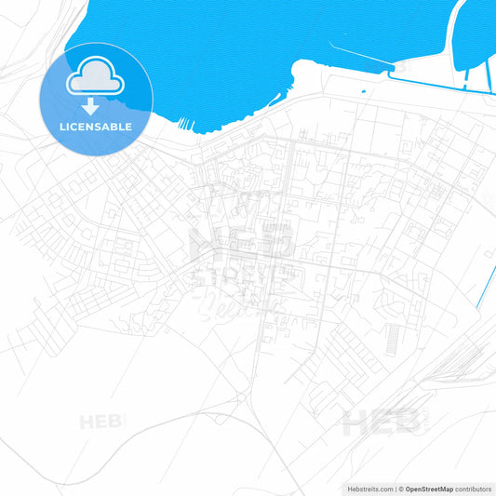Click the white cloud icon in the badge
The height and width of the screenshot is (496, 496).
(x=96, y=78)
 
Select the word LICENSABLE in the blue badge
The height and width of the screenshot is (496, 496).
(x=96, y=126)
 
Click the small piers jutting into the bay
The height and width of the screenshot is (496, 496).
(x=185, y=124)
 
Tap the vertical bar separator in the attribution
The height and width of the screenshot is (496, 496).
(x=395, y=488)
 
